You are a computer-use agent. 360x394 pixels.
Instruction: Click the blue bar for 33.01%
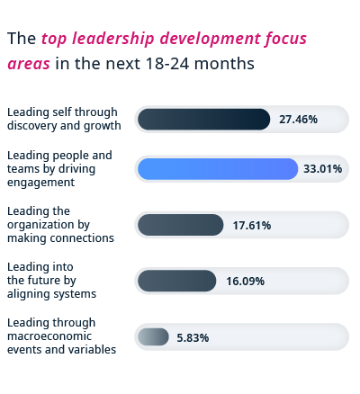click(x=217, y=168)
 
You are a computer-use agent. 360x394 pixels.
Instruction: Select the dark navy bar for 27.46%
click(x=203, y=119)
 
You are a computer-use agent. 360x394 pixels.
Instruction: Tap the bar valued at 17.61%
click(x=180, y=225)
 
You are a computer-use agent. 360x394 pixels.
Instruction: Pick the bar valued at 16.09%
click(x=176, y=281)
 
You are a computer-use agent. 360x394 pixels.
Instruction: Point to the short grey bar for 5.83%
click(x=153, y=336)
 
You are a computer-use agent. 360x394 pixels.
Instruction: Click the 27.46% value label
click(x=298, y=119)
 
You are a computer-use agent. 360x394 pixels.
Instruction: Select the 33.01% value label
click(x=323, y=168)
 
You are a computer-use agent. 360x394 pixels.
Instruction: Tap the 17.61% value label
click(x=251, y=225)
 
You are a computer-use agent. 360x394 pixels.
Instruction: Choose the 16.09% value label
click(x=245, y=281)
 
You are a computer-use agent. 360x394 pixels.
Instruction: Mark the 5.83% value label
click(x=193, y=337)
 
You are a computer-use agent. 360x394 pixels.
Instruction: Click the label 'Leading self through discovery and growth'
click(x=64, y=119)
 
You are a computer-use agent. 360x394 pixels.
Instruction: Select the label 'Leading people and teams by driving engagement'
click(x=59, y=168)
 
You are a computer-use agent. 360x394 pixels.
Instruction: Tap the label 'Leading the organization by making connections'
click(x=60, y=225)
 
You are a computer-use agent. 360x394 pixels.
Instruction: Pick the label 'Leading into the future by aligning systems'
click(x=51, y=281)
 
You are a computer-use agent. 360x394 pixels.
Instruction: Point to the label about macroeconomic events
click(x=61, y=336)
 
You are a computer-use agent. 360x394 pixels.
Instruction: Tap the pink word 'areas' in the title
click(x=29, y=64)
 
